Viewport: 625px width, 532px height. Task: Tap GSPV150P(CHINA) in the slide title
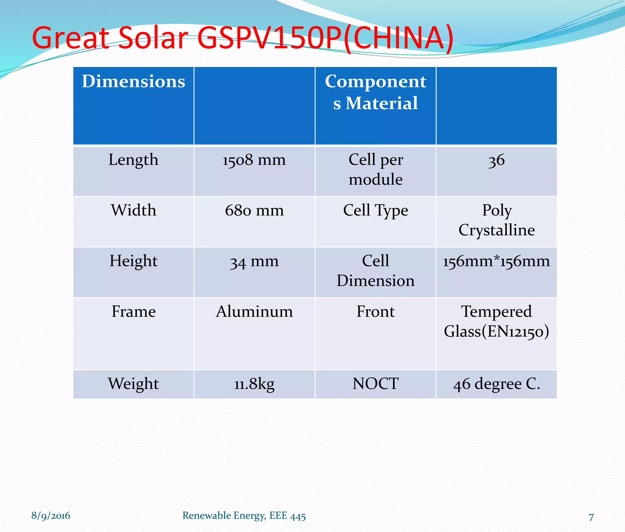(x=325, y=38)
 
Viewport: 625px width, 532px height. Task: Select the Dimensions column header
(x=133, y=82)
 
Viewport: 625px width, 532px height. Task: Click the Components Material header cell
(x=375, y=92)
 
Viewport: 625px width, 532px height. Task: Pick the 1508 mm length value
(x=254, y=160)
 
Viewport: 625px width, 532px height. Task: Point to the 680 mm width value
(x=254, y=210)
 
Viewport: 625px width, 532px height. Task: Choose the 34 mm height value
(x=254, y=261)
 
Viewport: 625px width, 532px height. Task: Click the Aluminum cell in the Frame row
(x=254, y=312)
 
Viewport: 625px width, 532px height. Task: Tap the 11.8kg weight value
(x=254, y=384)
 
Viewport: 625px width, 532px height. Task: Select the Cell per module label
(x=375, y=169)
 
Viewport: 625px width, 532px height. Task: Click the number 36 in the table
(x=497, y=160)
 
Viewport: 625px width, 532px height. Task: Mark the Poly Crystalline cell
(x=497, y=220)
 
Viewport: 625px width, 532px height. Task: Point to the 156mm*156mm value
(x=497, y=261)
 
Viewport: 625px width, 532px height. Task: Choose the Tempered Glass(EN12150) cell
(x=497, y=321)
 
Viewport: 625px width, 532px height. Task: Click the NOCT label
(x=375, y=384)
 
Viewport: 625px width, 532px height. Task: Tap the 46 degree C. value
(x=497, y=384)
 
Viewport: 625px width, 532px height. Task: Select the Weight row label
(x=133, y=384)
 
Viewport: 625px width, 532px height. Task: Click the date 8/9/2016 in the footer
(x=51, y=516)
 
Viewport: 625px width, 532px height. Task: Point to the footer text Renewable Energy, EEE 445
(x=244, y=516)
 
